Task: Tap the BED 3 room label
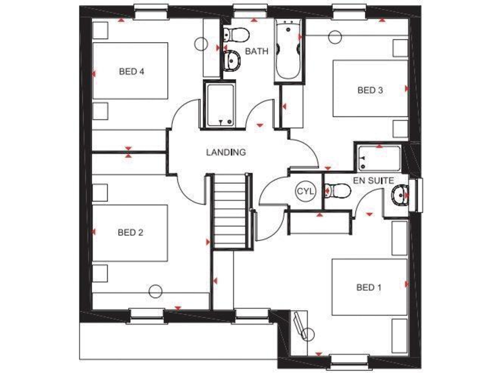pos(370,90)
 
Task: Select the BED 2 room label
pos(130,232)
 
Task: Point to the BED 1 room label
pos(366,287)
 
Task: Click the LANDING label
pos(226,153)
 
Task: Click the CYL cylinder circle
pos(304,191)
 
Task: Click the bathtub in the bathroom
pos(288,51)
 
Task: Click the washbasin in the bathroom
pos(231,61)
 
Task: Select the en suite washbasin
pos(401,193)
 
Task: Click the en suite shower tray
pos(377,157)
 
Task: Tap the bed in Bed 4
pos(131,71)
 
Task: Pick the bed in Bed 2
pos(130,233)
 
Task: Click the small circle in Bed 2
pos(155,291)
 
